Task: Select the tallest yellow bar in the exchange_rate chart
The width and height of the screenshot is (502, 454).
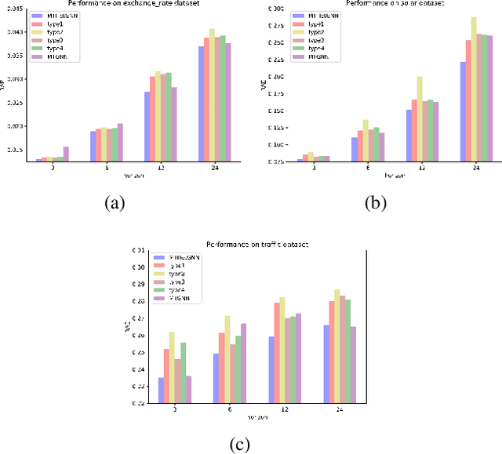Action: click(212, 95)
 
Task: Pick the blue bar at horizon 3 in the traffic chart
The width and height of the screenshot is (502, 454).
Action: click(161, 390)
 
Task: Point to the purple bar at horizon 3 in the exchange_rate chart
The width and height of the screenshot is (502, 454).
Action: click(66, 154)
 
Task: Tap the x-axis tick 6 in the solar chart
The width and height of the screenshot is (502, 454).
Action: click(366, 167)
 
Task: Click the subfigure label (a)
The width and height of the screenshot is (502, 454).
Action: click(115, 203)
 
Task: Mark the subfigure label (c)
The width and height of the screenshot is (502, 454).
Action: click(238, 445)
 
